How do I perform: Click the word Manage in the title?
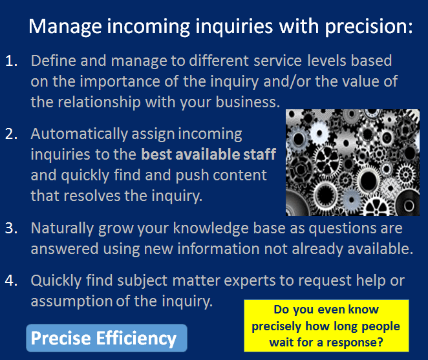(x=65, y=26)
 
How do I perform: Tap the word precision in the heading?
(x=369, y=26)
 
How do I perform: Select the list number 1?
(x=12, y=61)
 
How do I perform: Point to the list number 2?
(x=12, y=134)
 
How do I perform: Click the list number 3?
(x=12, y=228)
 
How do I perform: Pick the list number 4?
(x=12, y=281)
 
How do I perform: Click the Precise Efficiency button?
(x=107, y=338)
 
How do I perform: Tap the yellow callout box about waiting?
(x=326, y=326)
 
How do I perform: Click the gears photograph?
(x=352, y=163)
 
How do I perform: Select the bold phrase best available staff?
(x=209, y=154)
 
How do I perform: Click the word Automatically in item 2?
(x=80, y=134)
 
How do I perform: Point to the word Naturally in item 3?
(x=62, y=229)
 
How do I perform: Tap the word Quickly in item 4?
(x=56, y=281)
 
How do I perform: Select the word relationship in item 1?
(x=99, y=103)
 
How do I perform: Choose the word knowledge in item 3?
(x=211, y=228)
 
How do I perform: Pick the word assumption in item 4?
(x=72, y=302)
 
